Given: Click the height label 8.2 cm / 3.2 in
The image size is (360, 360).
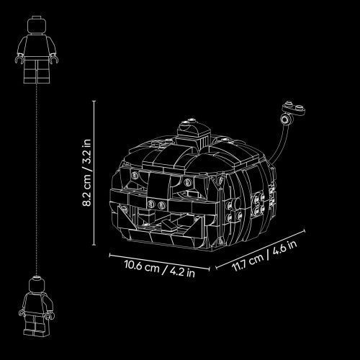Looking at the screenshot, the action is pos(86,173).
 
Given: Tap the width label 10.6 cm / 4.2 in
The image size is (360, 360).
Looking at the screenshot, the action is pos(160,269).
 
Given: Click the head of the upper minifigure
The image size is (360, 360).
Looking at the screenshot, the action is pos(37,24).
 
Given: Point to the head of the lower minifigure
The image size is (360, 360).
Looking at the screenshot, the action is pos(37,286).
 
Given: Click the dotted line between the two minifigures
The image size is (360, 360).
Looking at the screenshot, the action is pos(37,180).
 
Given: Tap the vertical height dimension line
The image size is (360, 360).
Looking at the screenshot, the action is pos(94,173).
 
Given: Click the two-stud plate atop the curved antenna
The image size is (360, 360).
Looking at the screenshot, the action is pos(294,108).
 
